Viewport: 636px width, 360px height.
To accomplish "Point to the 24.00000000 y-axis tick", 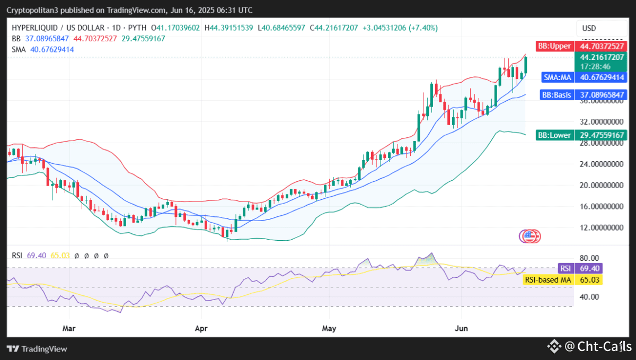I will tap(601, 164).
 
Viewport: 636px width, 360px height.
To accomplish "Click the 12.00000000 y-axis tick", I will tap(601, 227).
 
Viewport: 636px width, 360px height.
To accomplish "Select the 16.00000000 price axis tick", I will tap(601, 206).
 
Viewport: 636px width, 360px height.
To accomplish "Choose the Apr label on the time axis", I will tap(201, 328).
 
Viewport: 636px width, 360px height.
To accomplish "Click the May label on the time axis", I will tap(329, 328).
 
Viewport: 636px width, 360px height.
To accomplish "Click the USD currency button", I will tap(589, 28).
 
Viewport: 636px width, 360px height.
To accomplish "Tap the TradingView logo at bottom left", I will tap(37, 348).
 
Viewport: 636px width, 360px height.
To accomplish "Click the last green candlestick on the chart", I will tap(526, 65).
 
